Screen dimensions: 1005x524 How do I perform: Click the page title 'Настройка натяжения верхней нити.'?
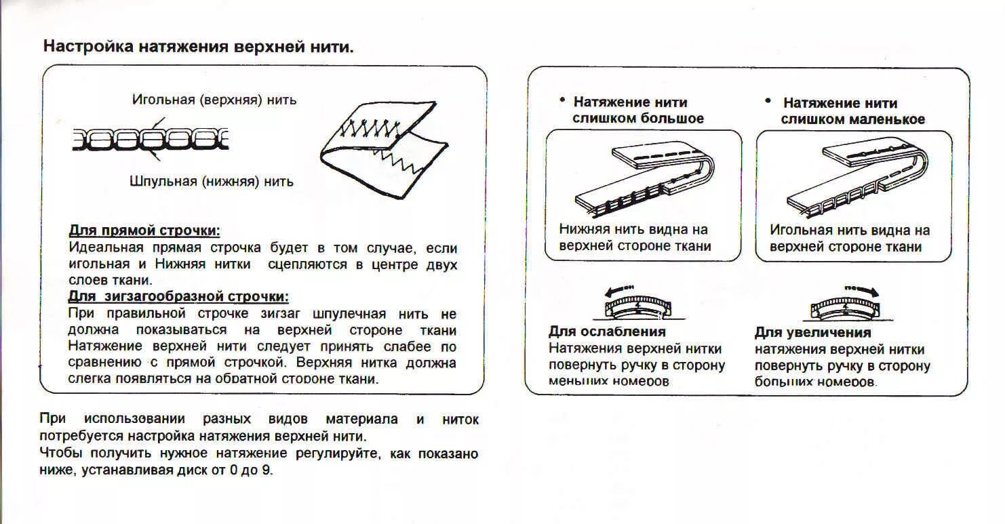point(198,47)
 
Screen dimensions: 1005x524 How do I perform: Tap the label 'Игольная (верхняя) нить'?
point(214,100)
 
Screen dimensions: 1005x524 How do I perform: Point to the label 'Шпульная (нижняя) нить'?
point(212,182)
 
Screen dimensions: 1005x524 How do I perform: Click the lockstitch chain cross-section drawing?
point(151,140)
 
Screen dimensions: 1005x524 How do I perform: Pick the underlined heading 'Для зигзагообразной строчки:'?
point(178,297)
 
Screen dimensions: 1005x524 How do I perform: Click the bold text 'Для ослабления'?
point(607,331)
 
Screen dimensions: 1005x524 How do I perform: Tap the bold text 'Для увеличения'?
point(812,333)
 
